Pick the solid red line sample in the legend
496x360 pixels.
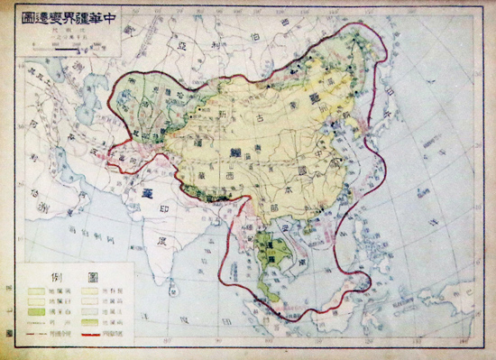tap(102, 333)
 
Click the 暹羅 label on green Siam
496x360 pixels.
tap(268, 250)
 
